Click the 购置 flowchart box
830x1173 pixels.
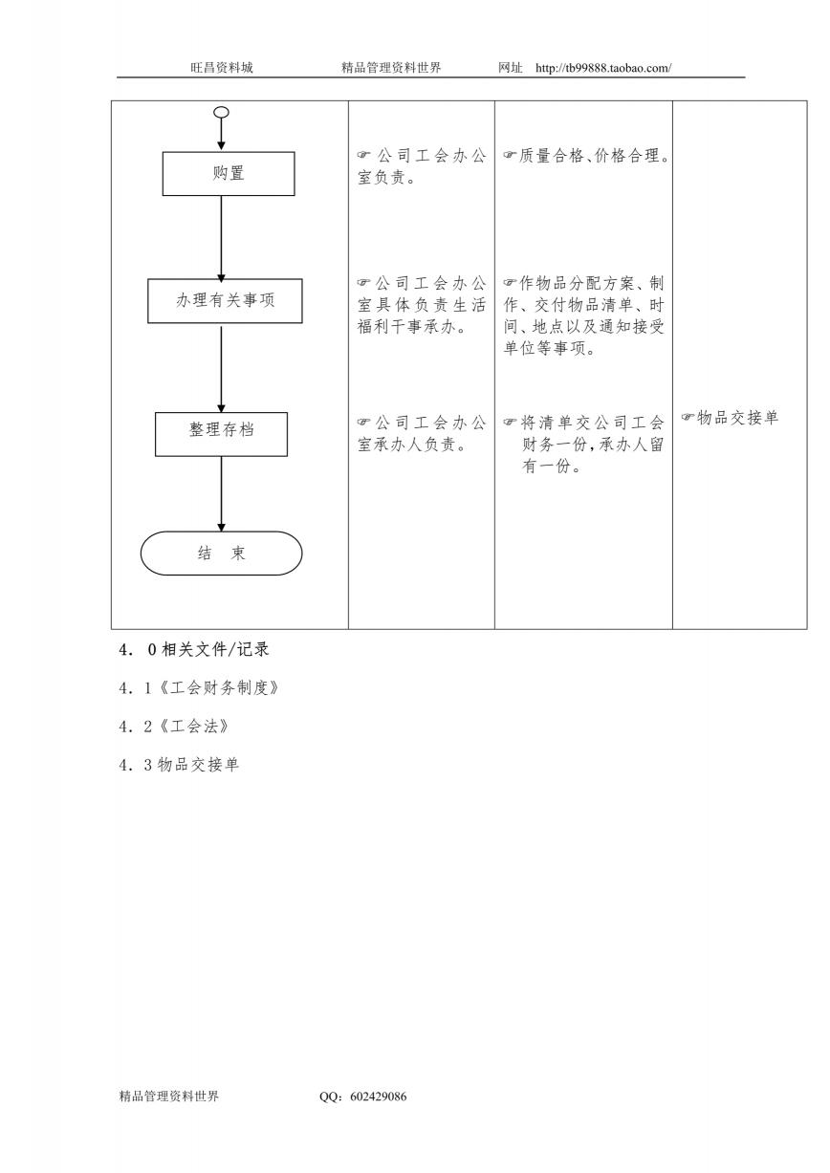coord(229,174)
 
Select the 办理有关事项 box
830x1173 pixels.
coord(225,300)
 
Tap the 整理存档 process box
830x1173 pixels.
coord(221,434)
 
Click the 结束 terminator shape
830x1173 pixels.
coord(221,553)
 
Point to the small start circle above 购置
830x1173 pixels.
coord(221,112)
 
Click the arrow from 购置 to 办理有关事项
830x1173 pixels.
coord(221,239)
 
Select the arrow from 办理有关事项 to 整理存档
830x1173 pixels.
coord(221,369)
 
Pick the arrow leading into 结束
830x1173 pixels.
coord(221,494)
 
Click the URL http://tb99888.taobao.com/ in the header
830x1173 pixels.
coord(603,68)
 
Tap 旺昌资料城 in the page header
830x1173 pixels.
coord(222,68)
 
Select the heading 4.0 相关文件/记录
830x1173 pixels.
coord(194,649)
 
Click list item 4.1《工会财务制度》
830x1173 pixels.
coord(199,687)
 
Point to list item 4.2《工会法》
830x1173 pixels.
coord(174,726)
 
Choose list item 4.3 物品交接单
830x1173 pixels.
coord(179,765)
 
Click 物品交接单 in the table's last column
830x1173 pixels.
coord(737,418)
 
